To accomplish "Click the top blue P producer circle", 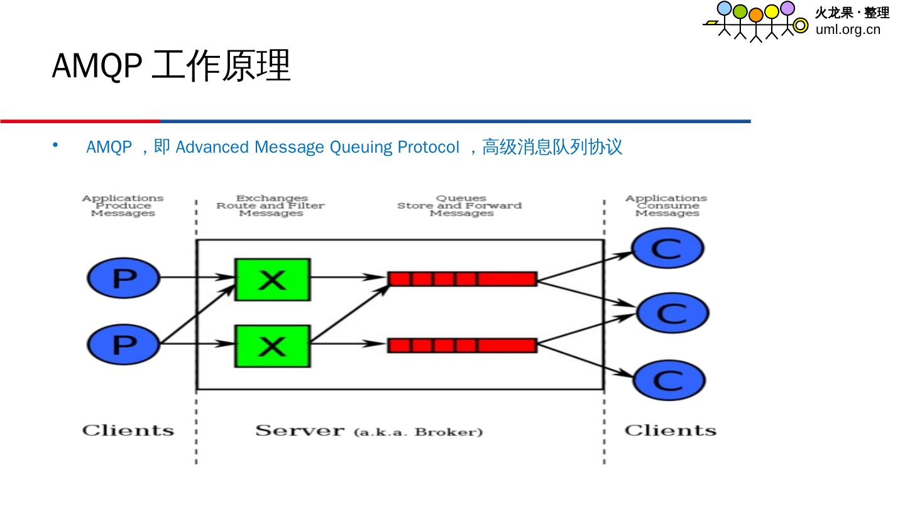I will [124, 277].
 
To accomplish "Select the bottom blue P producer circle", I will [124, 343].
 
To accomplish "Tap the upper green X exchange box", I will [272, 279].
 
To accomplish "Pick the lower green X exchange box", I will [272, 346].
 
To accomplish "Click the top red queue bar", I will [462, 278].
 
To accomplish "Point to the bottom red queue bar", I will [462, 345].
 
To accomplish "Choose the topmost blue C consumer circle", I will [667, 248].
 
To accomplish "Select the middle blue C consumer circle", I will [672, 312].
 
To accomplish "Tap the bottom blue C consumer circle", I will [669, 380].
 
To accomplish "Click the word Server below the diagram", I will [300, 430].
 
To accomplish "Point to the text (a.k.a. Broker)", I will [418, 432].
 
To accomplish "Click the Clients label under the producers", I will [128, 430].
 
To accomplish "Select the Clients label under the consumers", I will [670, 430].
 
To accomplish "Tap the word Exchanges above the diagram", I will [271, 199].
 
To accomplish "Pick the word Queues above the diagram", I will [461, 199].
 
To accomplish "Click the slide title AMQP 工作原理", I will [171, 65].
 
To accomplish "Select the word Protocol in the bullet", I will [428, 147].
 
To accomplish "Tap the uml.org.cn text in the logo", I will [848, 30].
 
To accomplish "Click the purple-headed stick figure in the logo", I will [787, 19].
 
